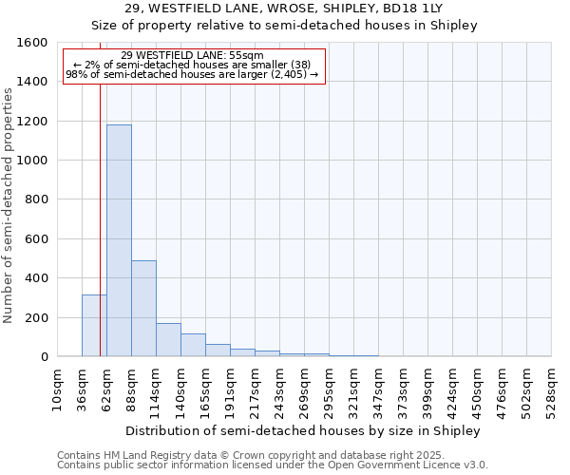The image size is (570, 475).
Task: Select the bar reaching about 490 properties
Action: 143,308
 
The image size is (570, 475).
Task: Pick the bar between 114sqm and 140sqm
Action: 168,339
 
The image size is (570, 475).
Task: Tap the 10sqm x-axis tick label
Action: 57,389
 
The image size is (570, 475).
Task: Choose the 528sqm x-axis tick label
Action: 551,389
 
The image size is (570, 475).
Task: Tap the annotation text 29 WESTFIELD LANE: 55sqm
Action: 193,55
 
